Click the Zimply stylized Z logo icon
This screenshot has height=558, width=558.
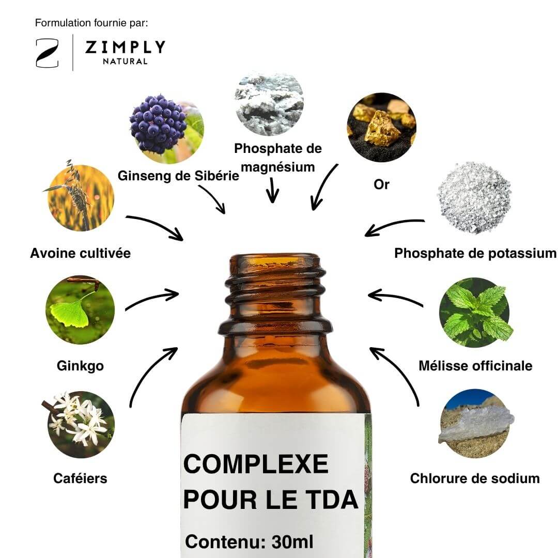tap(47, 53)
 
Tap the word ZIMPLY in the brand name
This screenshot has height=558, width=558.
tap(125, 48)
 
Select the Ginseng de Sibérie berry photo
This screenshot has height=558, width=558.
tap(166, 129)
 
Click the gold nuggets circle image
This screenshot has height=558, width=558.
tap(381, 128)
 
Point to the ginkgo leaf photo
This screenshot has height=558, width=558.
tap(80, 309)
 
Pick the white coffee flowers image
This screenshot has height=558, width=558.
tap(81, 424)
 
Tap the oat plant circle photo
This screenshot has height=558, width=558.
tap(81, 197)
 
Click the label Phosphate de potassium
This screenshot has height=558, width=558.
tap(475, 253)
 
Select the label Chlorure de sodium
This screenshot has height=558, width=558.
tap(475, 478)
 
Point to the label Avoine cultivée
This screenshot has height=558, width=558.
tap(81, 253)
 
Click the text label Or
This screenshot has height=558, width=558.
tap(381, 184)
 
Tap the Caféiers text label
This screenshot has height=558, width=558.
tap(80, 478)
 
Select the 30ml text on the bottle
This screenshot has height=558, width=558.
tap(292, 542)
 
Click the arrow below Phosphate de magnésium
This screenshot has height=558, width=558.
tap(272, 190)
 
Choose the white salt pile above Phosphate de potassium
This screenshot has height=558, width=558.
tap(474, 197)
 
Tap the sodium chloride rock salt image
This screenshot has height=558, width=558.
tap(475, 424)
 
